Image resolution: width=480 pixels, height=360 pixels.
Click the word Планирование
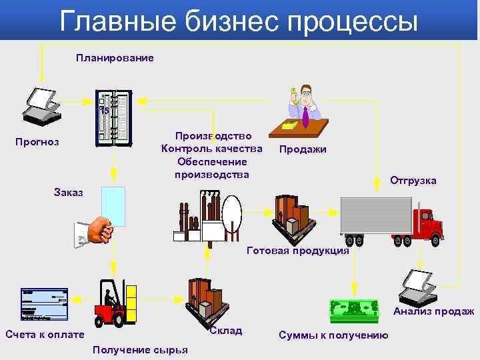click(115, 58)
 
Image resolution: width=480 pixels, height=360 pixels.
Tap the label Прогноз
click(37, 142)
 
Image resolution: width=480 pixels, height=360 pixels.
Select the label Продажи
click(303, 149)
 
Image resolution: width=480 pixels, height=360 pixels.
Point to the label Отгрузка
click(413, 181)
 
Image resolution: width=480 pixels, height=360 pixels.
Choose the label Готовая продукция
click(297, 251)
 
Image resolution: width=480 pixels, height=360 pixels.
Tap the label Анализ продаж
click(434, 311)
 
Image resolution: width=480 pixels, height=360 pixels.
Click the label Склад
click(225, 331)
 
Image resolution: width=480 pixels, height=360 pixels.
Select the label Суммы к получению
click(333, 335)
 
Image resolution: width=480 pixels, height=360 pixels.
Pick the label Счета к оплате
click(45, 335)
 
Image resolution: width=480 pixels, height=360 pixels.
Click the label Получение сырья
click(141, 350)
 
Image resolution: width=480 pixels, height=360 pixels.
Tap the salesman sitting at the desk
click(305, 105)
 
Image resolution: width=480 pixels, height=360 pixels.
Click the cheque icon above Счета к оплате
click(44, 303)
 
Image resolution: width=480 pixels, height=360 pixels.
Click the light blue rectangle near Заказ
click(113, 207)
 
